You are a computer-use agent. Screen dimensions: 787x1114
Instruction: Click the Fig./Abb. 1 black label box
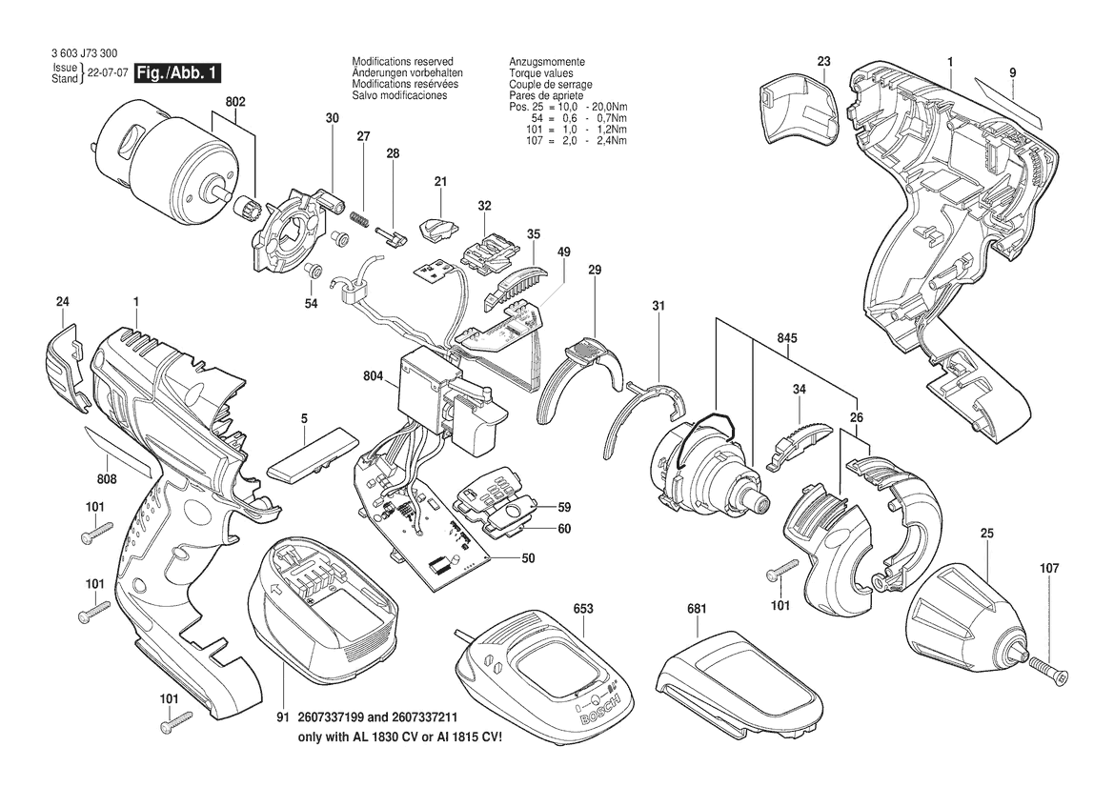(x=176, y=73)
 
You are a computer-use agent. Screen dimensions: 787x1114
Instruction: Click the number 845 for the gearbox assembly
(x=787, y=338)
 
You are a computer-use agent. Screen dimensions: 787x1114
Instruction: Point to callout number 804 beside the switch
(x=373, y=377)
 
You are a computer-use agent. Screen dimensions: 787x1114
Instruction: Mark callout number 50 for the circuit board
(x=528, y=558)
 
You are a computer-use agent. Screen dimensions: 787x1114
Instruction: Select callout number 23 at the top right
(x=823, y=62)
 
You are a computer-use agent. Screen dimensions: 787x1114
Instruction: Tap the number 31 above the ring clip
(x=658, y=306)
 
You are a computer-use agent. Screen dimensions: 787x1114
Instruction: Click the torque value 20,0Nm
(x=607, y=107)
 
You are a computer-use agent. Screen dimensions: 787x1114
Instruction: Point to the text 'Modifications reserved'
(x=402, y=61)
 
